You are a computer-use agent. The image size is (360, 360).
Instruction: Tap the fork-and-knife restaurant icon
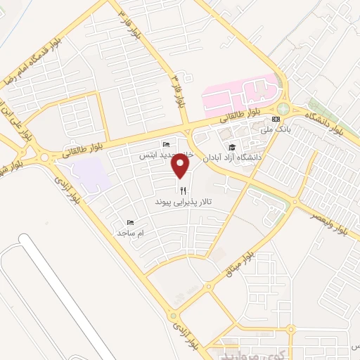pos(183,190)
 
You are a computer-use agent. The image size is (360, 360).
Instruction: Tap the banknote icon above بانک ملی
pos(284,118)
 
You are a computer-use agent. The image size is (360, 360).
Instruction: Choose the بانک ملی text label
pos(281,130)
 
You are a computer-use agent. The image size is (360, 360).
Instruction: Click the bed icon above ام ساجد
pos(129,222)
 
